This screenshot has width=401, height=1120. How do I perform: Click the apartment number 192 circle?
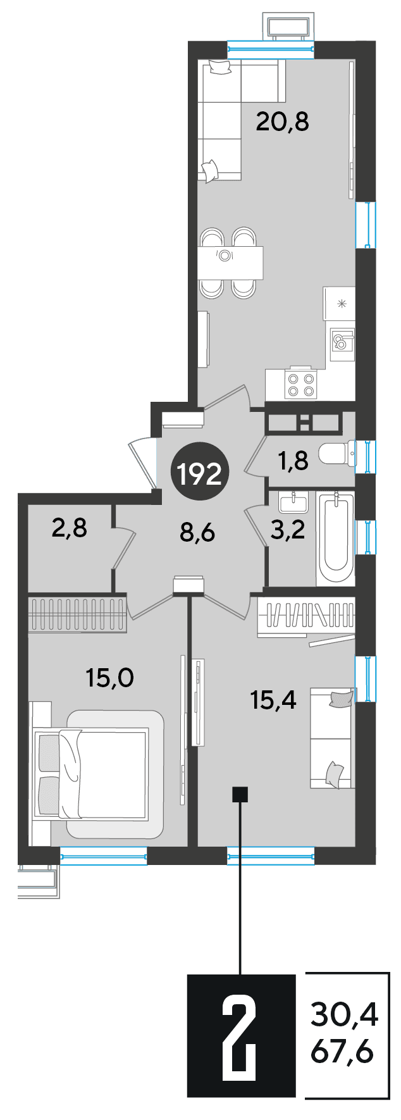pyautogui.click(x=200, y=472)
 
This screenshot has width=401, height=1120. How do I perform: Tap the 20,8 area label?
pyautogui.click(x=282, y=121)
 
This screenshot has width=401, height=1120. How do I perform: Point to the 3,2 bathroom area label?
pyautogui.click(x=288, y=529)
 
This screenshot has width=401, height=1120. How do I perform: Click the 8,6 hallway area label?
pyautogui.click(x=197, y=533)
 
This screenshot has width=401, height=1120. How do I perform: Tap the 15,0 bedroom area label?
pyautogui.click(x=110, y=678)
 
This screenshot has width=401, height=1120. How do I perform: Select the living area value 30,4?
pyautogui.click(x=344, y=1016)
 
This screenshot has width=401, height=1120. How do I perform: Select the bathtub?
pyautogui.click(x=336, y=539)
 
